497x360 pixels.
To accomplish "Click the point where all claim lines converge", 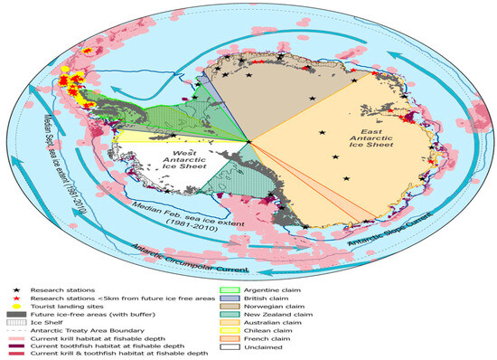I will point(250,140).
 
